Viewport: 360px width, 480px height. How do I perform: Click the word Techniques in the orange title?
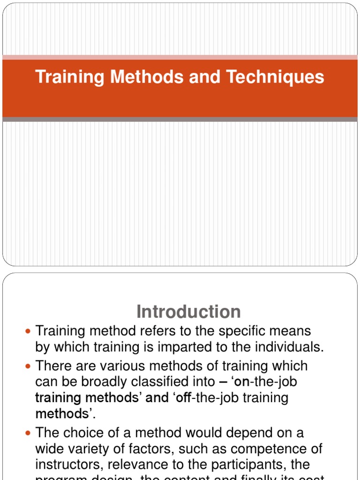pyautogui.click(x=275, y=77)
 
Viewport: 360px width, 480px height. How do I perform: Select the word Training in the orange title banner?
pyautogui.click(x=70, y=77)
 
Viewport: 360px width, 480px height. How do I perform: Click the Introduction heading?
pyautogui.click(x=188, y=312)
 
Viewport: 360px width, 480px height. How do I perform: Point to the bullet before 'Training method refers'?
pyautogui.click(x=27, y=331)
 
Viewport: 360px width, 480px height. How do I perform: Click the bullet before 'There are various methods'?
pyautogui.click(x=27, y=366)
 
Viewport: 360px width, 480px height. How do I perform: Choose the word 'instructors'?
pyautogui.click(x=68, y=465)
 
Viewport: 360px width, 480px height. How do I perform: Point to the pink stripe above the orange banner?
pyautogui.click(x=180, y=57)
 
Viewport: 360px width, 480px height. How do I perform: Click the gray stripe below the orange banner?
pyautogui.click(x=180, y=120)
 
